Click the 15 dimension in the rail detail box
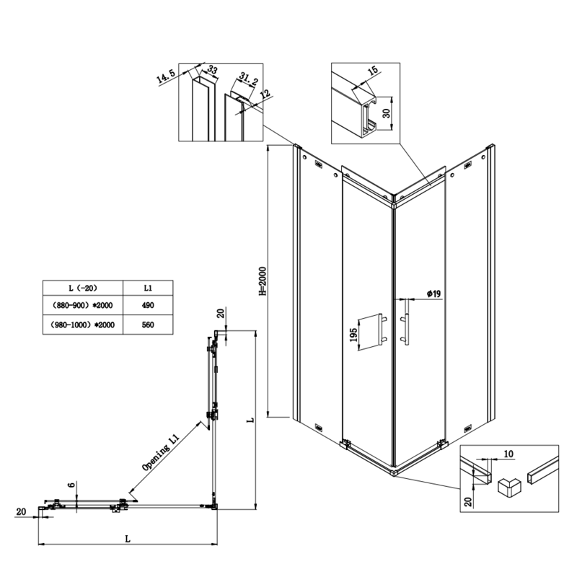click(372, 72)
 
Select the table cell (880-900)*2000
click(82, 306)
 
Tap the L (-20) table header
click(82, 287)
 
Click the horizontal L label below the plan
click(127, 538)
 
